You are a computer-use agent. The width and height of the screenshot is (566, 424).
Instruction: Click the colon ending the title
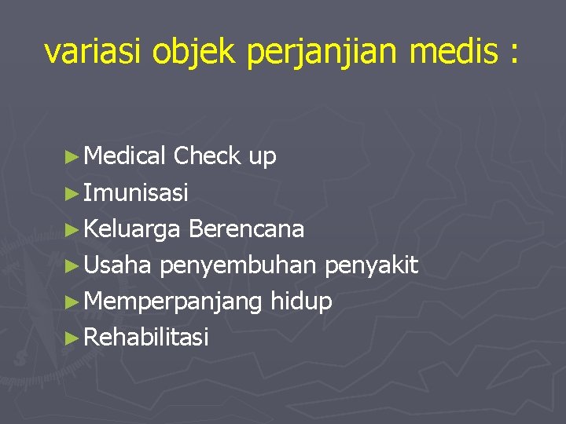coord(514,53)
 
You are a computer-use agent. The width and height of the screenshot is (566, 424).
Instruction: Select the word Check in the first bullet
coord(207,156)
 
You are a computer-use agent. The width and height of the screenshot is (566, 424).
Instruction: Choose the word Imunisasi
coord(136,192)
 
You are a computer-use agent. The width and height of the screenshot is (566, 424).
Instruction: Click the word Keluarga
coord(132,229)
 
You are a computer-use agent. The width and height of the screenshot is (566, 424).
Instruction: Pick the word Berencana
coord(247,229)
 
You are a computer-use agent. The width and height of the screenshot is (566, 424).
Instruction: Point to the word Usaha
coord(117,265)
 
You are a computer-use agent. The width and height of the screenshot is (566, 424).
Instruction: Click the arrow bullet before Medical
coord(73,157)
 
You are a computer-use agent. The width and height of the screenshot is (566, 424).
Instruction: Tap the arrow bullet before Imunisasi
coord(73,193)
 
